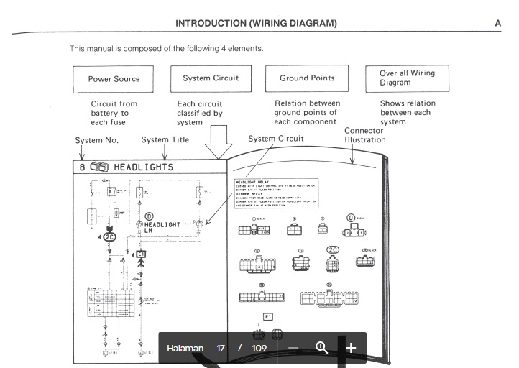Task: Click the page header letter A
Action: point(498,23)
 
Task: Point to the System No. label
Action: point(96,140)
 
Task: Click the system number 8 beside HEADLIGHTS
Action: point(83,167)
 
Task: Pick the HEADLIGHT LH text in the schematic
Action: point(163,228)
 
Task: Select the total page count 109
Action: point(259,349)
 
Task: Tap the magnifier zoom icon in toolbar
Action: point(321,349)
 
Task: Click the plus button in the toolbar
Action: point(351,349)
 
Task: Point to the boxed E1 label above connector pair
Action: point(269,317)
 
